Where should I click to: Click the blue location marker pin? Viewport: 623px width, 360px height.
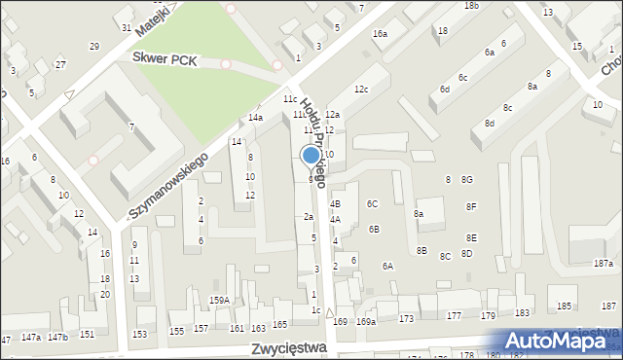(311, 156)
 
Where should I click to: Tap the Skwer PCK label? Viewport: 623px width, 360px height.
(165, 60)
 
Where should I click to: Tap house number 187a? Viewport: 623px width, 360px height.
(605, 264)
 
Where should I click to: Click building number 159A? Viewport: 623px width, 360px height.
(219, 300)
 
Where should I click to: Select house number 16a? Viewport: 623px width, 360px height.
(380, 34)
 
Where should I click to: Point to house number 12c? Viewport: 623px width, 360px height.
(361, 90)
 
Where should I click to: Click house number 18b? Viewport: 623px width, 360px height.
(471, 6)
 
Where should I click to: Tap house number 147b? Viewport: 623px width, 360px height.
(58, 337)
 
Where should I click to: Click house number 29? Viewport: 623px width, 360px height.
(94, 47)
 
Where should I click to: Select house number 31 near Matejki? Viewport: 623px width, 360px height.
(127, 27)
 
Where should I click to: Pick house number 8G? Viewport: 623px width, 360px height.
(467, 180)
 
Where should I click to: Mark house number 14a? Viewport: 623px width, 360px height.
(255, 118)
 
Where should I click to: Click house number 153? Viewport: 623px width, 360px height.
(140, 334)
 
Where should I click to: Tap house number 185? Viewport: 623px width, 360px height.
(564, 306)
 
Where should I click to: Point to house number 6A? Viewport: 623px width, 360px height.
(387, 266)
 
